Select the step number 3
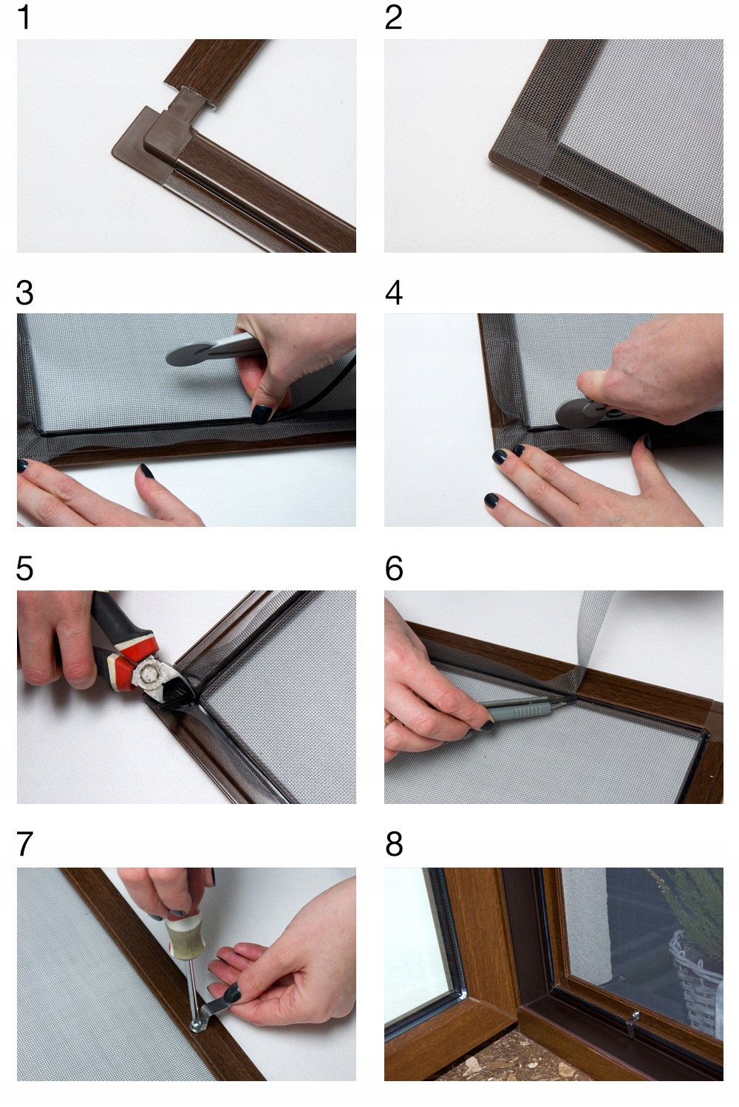[24, 293]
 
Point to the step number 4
[394, 293]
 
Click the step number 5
[24, 568]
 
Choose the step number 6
[394, 568]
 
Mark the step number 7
[24, 844]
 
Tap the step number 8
[394, 844]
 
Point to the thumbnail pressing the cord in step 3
[261, 413]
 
